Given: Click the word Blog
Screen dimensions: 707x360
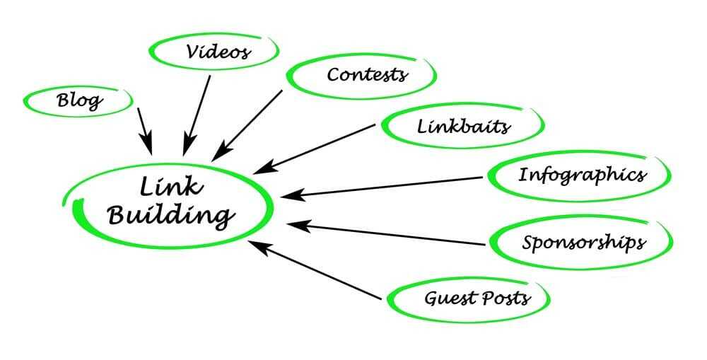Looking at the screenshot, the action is point(79,100).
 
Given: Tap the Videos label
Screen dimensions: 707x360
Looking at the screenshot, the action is point(218,52).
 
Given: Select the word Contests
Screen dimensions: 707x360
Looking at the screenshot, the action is point(367,74).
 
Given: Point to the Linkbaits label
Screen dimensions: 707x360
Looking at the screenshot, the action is point(463,126).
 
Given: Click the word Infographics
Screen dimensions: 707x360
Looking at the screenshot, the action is point(582,175).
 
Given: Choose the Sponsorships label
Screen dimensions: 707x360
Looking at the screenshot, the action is point(583,243).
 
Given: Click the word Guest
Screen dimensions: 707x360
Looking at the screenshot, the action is point(450,298).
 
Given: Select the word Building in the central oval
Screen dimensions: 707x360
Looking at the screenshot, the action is point(170,215).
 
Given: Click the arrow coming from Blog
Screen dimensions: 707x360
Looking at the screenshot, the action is point(145,132).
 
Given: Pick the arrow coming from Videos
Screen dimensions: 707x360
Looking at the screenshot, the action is point(197,115).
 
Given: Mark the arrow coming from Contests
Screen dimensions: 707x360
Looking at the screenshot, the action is point(247,125).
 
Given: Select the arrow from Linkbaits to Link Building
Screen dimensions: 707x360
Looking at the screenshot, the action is point(315,149).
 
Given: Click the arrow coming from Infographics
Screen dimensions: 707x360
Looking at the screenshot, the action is point(382,187).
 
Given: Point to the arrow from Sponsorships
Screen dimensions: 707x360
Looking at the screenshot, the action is point(386,233).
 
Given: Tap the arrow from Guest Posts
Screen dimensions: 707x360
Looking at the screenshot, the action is point(315,269).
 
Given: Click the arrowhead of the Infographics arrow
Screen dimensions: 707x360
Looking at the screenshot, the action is point(290,195).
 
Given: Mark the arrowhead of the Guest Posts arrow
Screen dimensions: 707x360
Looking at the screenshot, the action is point(257,246).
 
